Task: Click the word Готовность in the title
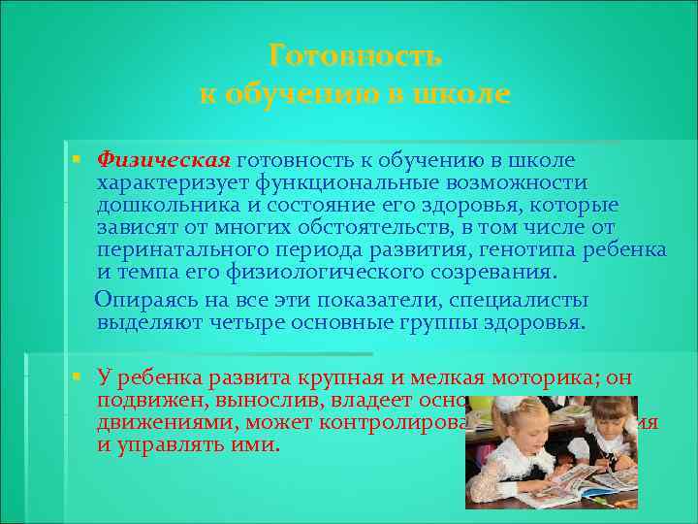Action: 355,56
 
